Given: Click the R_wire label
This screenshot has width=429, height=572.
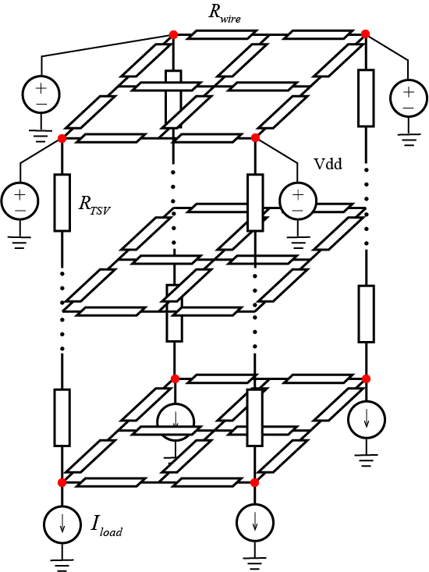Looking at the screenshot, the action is (x=225, y=13).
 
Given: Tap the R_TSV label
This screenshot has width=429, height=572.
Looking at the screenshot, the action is (x=94, y=205).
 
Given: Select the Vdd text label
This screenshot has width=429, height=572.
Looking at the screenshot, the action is (x=328, y=164).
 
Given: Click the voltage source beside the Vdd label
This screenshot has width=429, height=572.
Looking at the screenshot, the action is (x=298, y=201).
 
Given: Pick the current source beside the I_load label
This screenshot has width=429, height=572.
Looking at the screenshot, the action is (x=62, y=524).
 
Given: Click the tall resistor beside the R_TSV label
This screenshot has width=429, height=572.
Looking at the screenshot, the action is (x=62, y=202).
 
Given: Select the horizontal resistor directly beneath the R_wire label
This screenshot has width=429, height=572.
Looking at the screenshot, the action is (x=222, y=34).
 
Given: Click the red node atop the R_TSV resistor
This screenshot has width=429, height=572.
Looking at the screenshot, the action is (x=62, y=139).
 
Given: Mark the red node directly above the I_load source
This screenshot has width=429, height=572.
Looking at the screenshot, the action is (x=62, y=482).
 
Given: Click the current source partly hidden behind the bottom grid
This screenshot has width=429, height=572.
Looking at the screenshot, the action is (x=175, y=421).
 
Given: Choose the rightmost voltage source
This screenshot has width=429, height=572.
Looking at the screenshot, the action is (x=408, y=98).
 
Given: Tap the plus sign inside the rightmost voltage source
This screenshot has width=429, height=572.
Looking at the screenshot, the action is (x=409, y=92).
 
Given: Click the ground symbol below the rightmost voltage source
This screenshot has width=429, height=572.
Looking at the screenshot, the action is (x=409, y=140).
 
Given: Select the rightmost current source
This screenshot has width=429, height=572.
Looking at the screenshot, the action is (x=367, y=420).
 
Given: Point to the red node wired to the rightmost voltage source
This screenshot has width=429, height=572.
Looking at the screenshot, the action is (x=366, y=34).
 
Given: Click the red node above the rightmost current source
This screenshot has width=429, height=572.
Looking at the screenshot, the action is (x=367, y=379).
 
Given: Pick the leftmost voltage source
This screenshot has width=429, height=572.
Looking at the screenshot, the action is (x=19, y=201).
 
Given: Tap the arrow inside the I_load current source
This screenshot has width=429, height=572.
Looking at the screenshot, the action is (x=62, y=523).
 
